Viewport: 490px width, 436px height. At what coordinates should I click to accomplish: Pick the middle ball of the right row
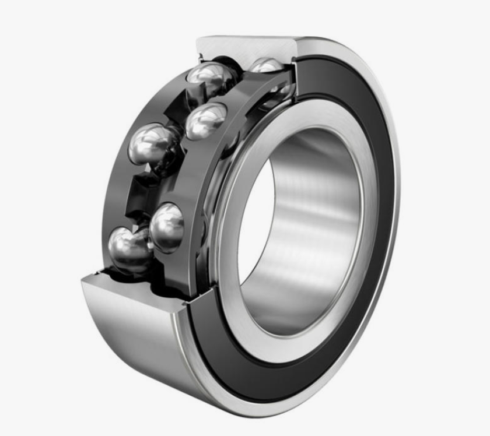click(x=206, y=120)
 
